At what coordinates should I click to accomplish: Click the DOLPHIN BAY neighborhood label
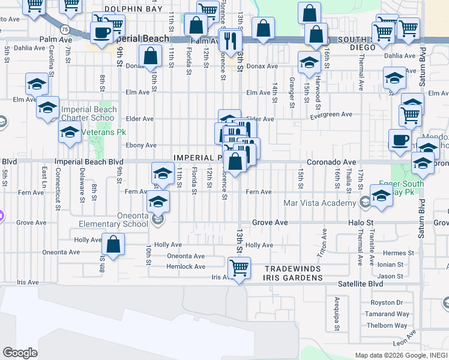(x=133, y=9)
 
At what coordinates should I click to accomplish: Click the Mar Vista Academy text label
(x=322, y=203)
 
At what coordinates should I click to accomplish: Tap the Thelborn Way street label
(x=387, y=326)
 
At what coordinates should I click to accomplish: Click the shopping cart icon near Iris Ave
(x=239, y=266)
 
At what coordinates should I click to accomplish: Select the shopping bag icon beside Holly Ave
(x=113, y=244)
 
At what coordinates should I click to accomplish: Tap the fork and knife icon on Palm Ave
(x=231, y=40)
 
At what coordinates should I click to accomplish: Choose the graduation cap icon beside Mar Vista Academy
(x=381, y=196)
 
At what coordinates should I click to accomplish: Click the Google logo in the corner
(x=20, y=353)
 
